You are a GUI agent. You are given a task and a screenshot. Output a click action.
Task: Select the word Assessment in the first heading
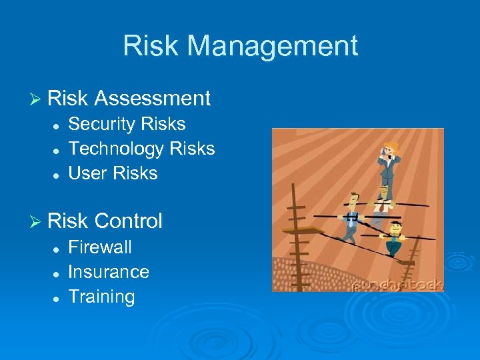(153, 99)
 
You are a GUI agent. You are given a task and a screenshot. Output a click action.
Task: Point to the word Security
(100, 124)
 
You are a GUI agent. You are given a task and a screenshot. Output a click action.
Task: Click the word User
(89, 173)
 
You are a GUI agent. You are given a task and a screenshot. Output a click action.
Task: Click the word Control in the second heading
(129, 221)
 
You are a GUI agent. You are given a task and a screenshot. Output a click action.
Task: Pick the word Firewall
(100, 247)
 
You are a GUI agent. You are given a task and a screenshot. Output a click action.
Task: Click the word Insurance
(109, 272)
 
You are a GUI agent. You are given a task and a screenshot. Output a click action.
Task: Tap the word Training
(101, 297)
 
